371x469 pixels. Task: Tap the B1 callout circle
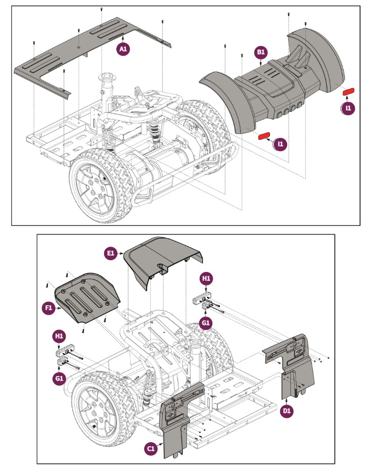coord(261,52)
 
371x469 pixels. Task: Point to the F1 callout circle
coord(48,307)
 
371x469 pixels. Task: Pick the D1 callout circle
coord(287,411)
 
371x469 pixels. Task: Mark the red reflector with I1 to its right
coord(264,136)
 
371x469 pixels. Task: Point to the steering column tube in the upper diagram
coord(107,91)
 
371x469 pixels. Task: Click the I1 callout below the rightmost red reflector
coord(348,108)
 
